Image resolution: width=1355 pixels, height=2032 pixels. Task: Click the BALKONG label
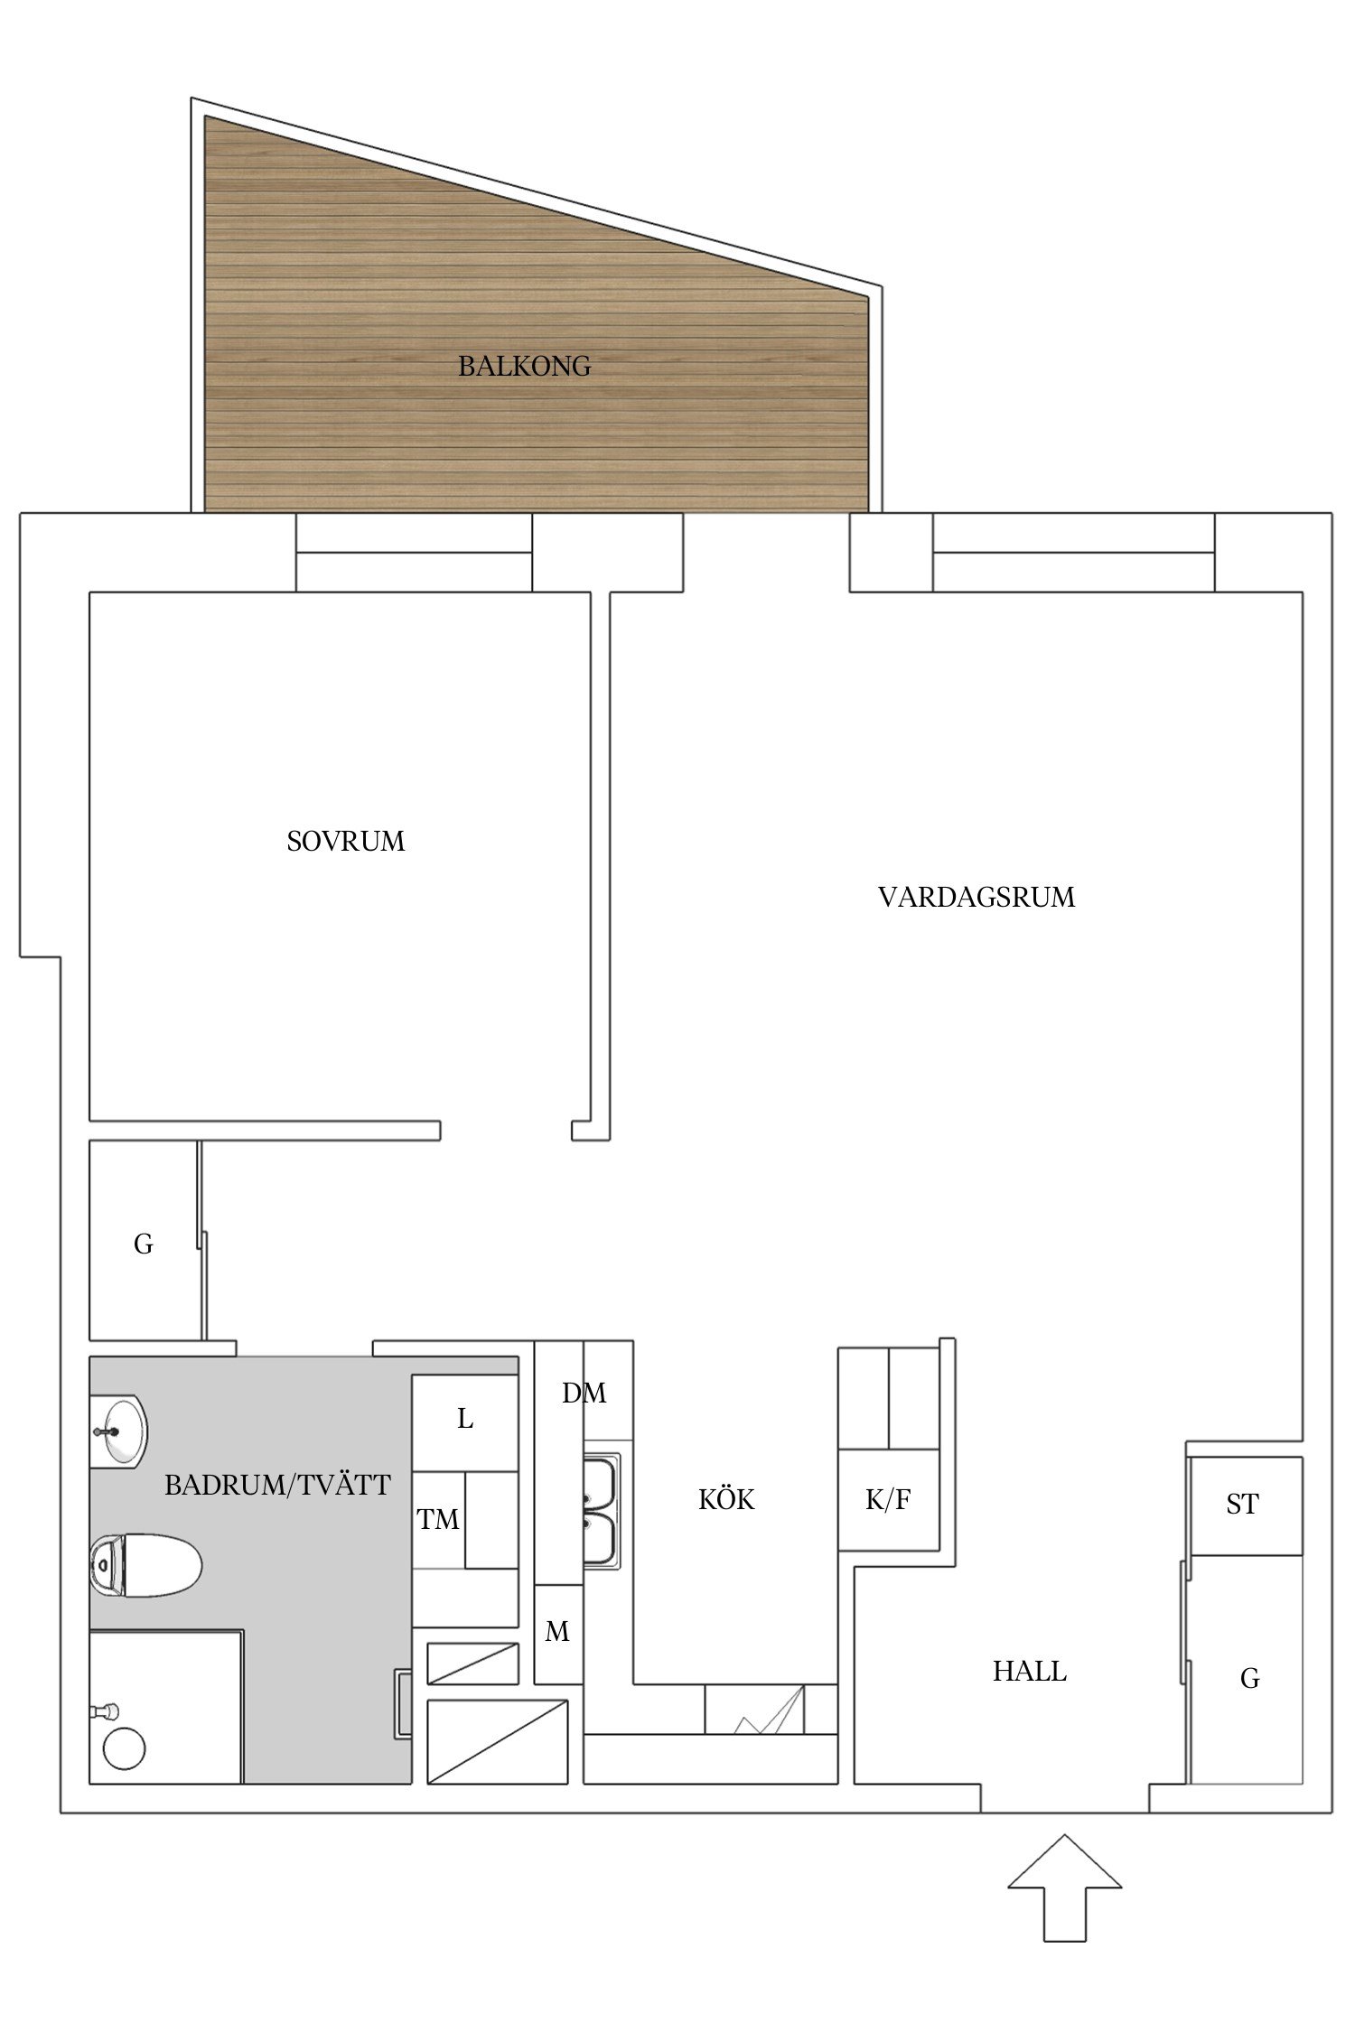tap(524, 366)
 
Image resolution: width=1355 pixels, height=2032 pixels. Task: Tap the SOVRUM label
tap(345, 841)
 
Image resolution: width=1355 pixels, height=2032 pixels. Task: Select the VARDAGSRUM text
tap(977, 897)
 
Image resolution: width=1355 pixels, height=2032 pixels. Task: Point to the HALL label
tap(1029, 1672)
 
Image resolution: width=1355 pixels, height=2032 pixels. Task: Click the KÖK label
tap(726, 1500)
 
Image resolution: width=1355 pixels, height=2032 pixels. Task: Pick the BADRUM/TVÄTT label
tap(277, 1485)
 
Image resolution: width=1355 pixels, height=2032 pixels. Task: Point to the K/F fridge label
tap(888, 1500)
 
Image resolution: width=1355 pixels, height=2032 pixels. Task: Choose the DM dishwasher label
tap(584, 1394)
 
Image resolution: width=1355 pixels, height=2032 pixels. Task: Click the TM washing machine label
tap(438, 1520)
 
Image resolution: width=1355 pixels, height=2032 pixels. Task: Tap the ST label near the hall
tap(1242, 1505)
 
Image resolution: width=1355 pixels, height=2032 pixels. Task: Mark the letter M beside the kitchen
tap(557, 1632)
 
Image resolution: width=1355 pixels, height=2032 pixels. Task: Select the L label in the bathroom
tap(465, 1420)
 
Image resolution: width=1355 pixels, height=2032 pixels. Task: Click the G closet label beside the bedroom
tap(143, 1244)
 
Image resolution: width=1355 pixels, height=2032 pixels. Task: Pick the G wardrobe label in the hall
tap(1249, 1678)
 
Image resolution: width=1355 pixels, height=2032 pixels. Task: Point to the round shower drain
tap(124, 1749)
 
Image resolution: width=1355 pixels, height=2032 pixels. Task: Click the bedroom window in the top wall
tap(414, 552)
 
